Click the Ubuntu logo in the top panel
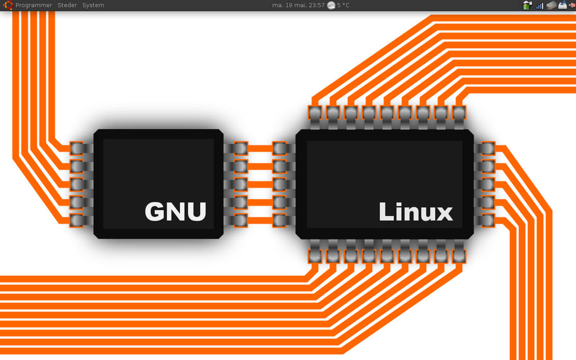pyautogui.click(x=8, y=5)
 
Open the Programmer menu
pyautogui.click(x=34, y=5)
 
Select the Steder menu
pyautogui.click(x=67, y=5)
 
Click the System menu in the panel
pyautogui.click(x=93, y=5)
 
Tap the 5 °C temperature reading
pyautogui.click(x=343, y=5)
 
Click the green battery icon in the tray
pyautogui.click(x=527, y=5)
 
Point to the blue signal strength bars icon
pyautogui.click(x=539, y=6)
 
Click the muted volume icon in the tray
pyautogui.click(x=572, y=5)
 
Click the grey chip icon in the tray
pyautogui.click(x=551, y=5)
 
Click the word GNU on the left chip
pyautogui.click(x=176, y=211)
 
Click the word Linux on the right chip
pyautogui.click(x=416, y=212)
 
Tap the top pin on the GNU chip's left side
pyautogui.click(x=76, y=148)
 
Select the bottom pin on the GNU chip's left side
pyautogui.click(x=76, y=220)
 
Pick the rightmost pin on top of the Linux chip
pyautogui.click(x=459, y=112)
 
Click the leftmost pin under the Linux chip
pyautogui.click(x=315, y=256)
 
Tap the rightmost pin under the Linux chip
pyautogui.click(x=459, y=256)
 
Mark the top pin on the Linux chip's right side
pyautogui.click(x=488, y=148)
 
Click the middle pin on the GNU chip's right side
pyautogui.click(x=239, y=184)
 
